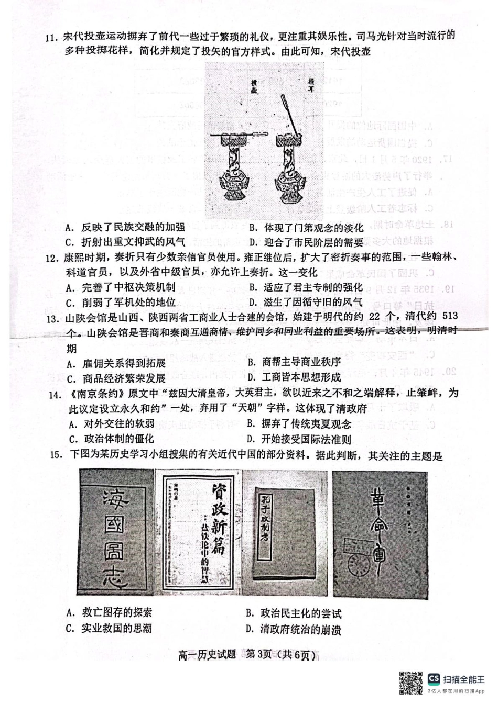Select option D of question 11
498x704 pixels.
(306, 242)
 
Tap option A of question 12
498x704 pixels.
(121, 287)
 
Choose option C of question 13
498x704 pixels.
(116, 378)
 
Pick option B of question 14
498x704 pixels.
(299, 423)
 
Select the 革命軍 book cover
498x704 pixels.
(380, 532)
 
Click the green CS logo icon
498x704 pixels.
(434, 679)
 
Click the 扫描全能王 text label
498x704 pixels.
(464, 679)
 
